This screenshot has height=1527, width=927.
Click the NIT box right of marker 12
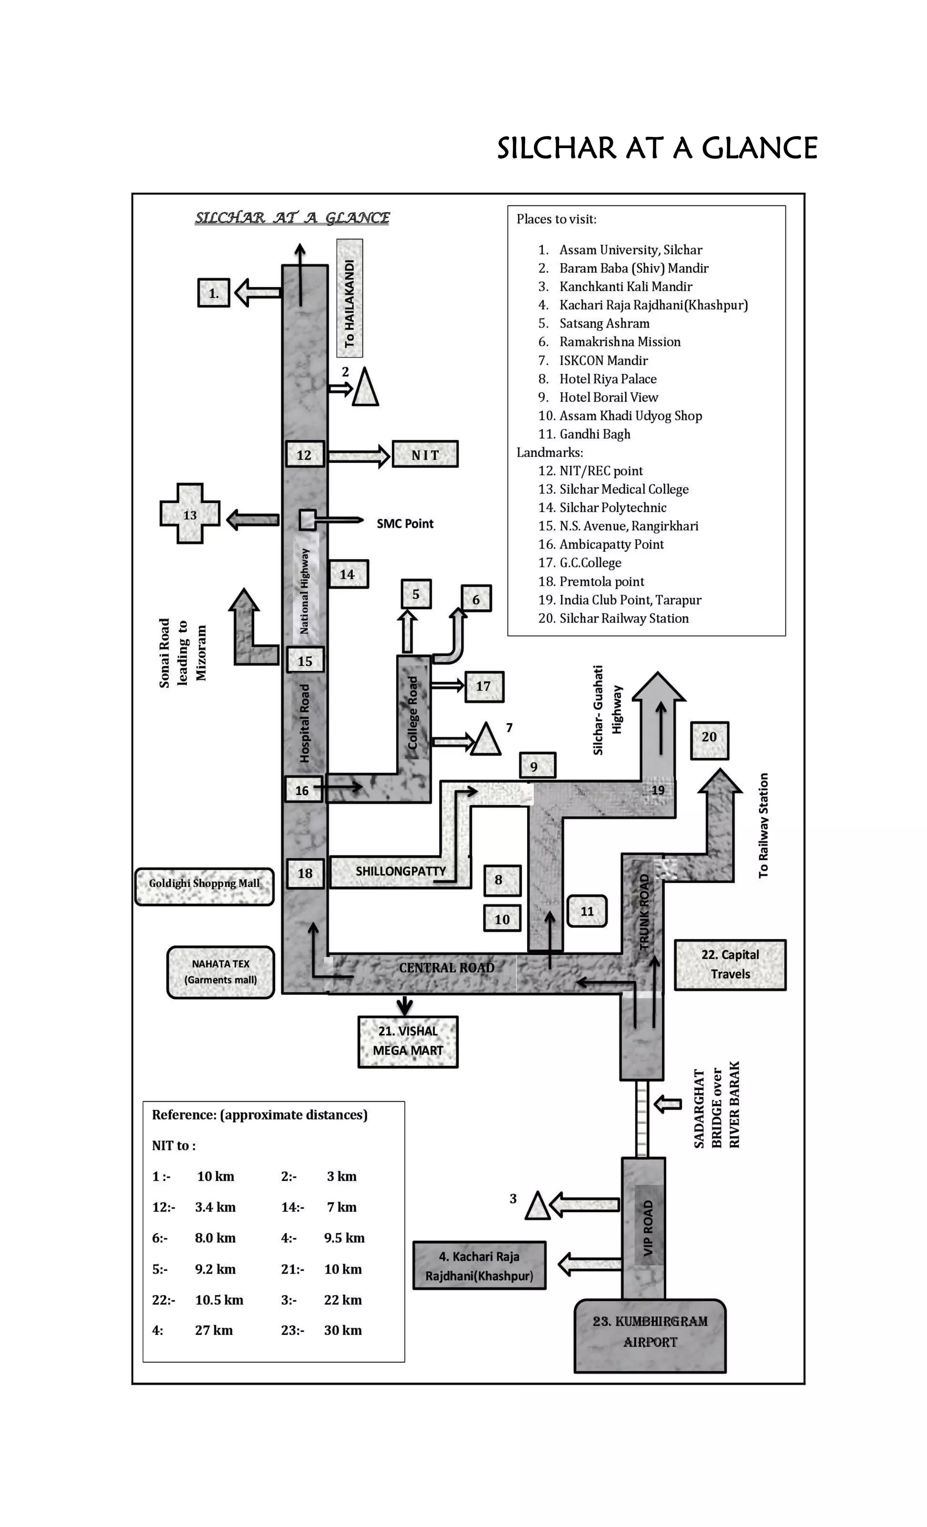click(425, 454)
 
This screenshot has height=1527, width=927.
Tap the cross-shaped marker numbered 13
click(190, 514)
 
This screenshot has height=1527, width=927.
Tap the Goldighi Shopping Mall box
click(204, 886)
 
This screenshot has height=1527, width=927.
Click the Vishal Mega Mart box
click(408, 1041)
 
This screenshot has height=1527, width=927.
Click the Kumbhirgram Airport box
click(650, 1334)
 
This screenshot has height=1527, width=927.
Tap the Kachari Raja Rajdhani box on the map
click(479, 1265)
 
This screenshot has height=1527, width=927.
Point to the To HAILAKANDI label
click(349, 299)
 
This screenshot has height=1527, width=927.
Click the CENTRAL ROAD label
click(446, 967)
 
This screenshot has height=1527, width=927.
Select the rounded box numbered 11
click(587, 911)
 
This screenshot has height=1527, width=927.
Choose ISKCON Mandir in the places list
click(603, 360)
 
